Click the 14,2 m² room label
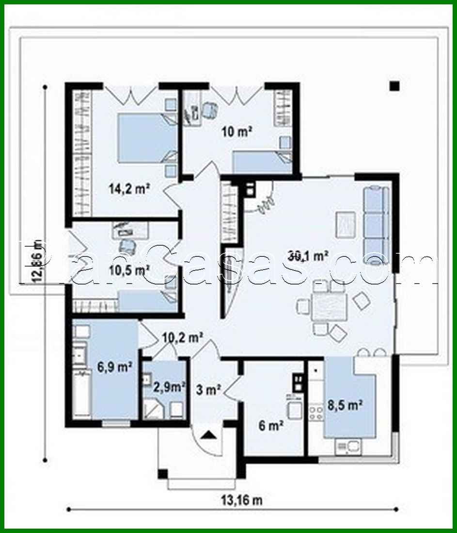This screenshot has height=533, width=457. [x=128, y=189]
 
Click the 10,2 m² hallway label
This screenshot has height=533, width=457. [x=182, y=336]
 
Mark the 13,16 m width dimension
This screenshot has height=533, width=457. [x=237, y=500]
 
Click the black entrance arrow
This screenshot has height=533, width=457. [x=210, y=434]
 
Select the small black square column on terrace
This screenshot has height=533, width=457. [x=394, y=86]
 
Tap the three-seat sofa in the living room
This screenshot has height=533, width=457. [x=377, y=224]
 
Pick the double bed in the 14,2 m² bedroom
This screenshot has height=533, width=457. [x=147, y=138]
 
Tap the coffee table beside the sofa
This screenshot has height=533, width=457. [x=346, y=224]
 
